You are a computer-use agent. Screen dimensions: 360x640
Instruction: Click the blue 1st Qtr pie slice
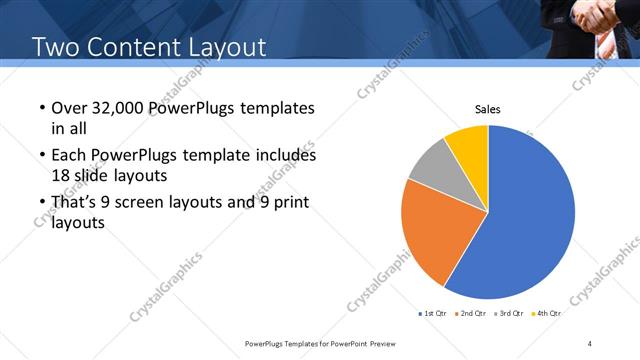[x=530, y=220]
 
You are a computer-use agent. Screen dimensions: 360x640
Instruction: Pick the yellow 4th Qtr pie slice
[x=468, y=142]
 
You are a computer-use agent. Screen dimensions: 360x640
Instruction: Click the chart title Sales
[x=487, y=109]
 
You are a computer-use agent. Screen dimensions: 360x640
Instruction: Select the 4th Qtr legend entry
[x=547, y=313]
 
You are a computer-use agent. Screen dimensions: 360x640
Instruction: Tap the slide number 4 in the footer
[x=590, y=343]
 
